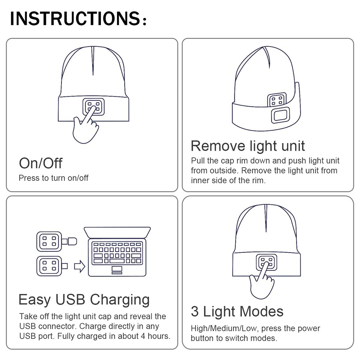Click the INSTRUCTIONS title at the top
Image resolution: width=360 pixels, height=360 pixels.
78,18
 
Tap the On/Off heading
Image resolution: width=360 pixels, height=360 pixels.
41,163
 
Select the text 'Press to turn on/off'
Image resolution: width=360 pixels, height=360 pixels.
54,178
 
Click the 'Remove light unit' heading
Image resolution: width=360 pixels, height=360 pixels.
248,146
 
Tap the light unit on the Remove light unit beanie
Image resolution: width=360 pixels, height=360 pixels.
277,100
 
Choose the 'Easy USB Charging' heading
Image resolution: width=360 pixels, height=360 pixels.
84,300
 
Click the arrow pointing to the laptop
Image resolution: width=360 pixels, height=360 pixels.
80,266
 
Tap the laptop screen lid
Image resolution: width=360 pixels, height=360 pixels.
117,233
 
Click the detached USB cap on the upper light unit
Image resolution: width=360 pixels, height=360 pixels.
72,241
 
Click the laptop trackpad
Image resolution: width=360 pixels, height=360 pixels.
117,269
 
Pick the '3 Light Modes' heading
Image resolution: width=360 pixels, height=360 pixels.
237,311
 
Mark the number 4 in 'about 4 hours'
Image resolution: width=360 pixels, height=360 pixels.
143,336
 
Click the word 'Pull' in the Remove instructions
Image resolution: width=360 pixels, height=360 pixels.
198,161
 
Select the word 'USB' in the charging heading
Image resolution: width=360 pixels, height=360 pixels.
70,300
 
